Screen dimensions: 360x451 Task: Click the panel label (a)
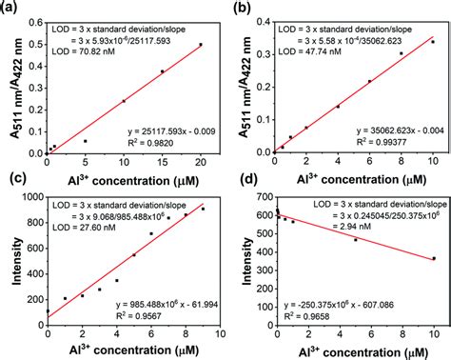click(10, 9)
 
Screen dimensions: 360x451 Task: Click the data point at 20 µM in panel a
click(201, 44)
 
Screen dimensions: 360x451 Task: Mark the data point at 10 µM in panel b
click(433, 41)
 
